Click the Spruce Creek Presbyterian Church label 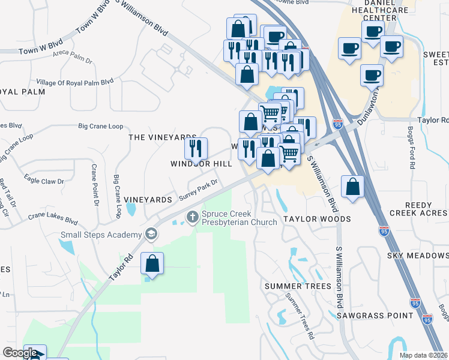tap(239, 218)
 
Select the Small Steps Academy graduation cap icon tap(151, 235)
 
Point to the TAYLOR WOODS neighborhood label tap(317, 219)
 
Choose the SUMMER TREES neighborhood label tap(298, 286)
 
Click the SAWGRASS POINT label tap(367, 314)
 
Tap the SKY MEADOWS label tap(418, 256)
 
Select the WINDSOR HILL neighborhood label tap(200, 164)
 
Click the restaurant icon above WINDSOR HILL tap(196, 148)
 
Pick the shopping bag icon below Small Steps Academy tap(152, 264)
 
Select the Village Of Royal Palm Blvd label tap(75, 82)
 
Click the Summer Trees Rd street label tap(300, 316)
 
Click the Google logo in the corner tap(20, 353)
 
